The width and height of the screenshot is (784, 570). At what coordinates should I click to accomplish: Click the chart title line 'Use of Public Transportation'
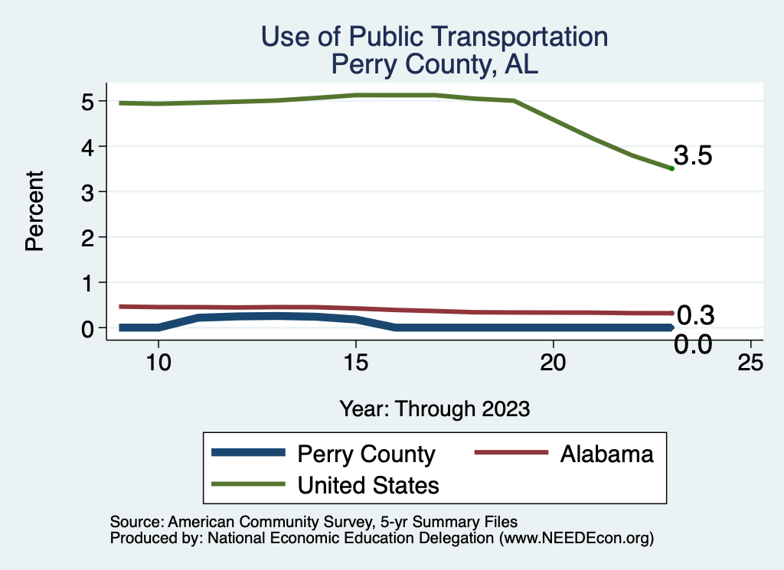click(434, 37)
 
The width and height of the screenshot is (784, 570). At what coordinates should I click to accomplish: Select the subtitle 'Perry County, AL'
click(434, 64)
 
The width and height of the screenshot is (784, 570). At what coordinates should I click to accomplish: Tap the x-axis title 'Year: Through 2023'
click(435, 409)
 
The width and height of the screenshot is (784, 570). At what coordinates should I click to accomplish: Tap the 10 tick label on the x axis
click(158, 363)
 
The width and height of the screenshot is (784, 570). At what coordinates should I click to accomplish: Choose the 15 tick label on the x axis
click(355, 363)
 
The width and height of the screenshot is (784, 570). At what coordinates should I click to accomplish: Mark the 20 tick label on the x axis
click(553, 363)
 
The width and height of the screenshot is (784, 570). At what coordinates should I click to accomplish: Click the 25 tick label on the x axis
click(750, 363)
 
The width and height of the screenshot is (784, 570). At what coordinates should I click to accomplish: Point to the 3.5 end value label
click(694, 156)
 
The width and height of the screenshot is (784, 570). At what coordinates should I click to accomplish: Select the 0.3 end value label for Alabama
click(695, 314)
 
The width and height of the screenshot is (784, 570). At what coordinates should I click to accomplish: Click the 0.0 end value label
click(693, 345)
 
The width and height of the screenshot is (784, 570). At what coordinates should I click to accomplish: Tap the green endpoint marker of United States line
click(671, 168)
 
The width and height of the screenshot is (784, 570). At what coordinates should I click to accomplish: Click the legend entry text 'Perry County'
click(366, 454)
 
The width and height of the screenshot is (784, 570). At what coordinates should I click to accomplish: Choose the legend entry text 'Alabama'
click(606, 454)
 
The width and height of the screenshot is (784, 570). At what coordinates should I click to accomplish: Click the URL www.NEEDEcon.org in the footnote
click(576, 538)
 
